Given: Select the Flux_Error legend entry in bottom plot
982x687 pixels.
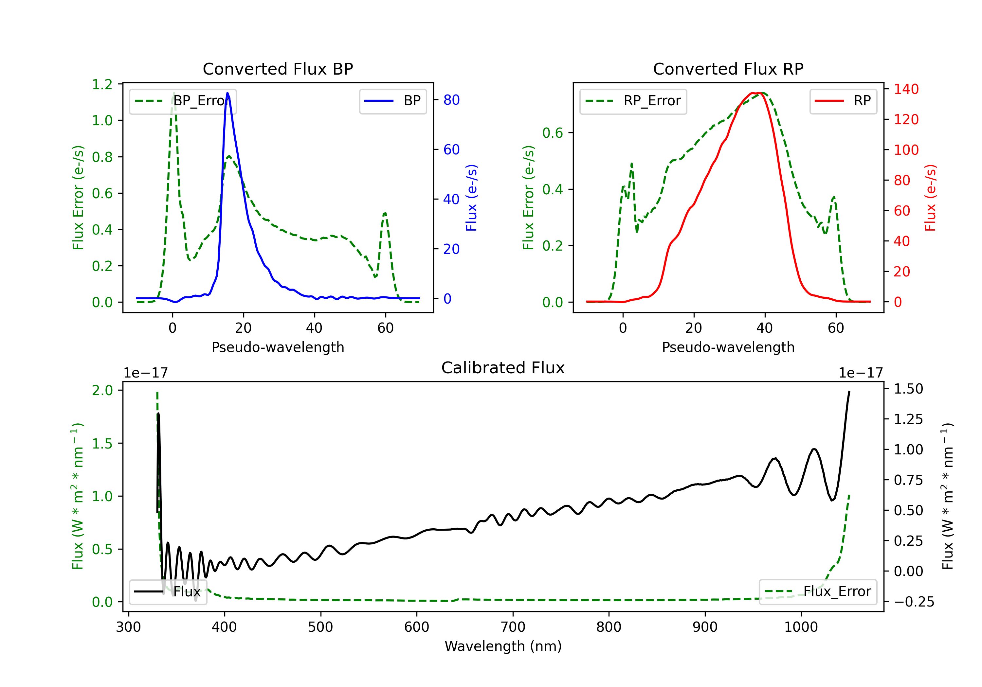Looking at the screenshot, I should [818, 592].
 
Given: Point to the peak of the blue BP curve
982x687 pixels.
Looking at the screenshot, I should [227, 93].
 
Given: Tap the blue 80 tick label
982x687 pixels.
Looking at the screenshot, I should [451, 100].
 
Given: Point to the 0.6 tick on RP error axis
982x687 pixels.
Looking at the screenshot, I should [553, 133].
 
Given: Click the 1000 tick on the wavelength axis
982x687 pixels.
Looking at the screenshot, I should [801, 627].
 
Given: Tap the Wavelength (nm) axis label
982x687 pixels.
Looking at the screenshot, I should [503, 646].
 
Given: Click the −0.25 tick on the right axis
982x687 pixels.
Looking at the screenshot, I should [914, 602].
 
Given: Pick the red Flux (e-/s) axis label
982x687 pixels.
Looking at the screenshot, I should [931, 198].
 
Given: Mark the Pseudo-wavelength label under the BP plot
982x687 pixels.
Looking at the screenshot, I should [278, 347].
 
